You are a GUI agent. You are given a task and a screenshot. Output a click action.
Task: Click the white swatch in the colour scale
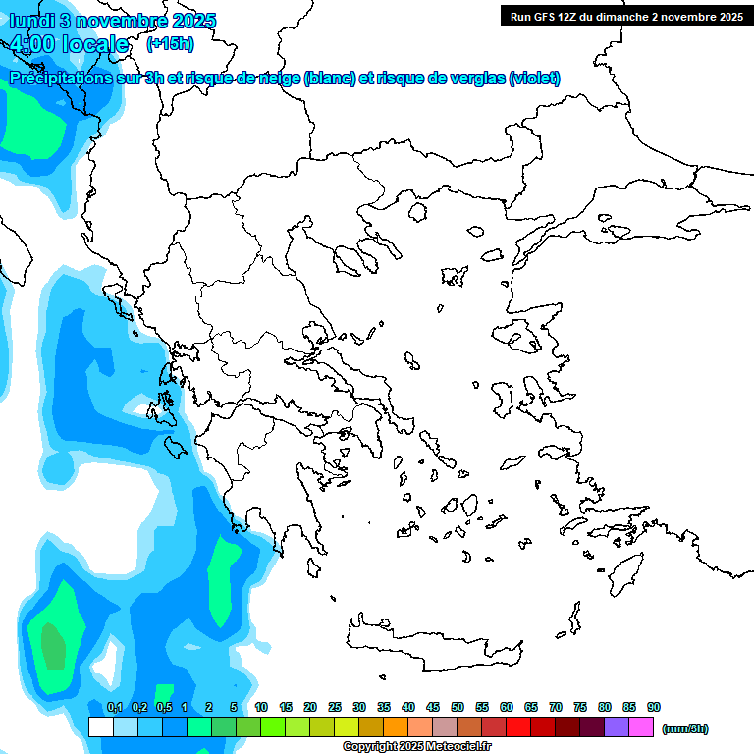point(100,727)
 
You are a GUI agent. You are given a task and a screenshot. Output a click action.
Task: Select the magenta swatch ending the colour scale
point(641,727)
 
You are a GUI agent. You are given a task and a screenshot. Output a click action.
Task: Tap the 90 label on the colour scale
point(654,707)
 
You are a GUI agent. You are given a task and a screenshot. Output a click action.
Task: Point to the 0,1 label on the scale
point(114,707)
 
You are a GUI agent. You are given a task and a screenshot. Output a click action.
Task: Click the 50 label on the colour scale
point(458,707)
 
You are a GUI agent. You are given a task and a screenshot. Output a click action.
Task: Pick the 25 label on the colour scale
point(335,707)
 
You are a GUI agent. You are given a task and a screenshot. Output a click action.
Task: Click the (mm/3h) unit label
point(685,728)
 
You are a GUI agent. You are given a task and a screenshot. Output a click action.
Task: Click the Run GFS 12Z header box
point(625,16)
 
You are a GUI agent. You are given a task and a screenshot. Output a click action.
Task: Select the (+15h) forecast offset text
point(170,43)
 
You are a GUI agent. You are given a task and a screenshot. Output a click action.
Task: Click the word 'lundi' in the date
point(36,21)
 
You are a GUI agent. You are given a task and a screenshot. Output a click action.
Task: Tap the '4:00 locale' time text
point(69,44)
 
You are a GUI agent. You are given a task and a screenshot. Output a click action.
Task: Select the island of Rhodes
point(625,570)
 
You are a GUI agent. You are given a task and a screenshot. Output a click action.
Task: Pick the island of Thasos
point(417,211)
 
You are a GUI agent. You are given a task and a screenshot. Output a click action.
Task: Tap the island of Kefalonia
point(177,448)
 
